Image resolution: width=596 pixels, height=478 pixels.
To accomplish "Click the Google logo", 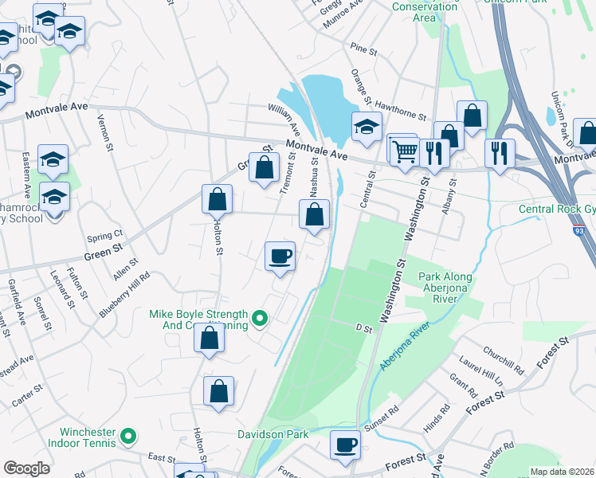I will click(x=26, y=468).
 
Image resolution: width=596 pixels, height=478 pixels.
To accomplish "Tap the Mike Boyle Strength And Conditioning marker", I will click(x=259, y=320).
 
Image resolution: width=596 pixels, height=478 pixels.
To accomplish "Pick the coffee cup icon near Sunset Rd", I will click(x=345, y=445).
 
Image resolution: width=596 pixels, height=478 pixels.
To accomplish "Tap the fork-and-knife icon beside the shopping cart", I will click(x=433, y=152).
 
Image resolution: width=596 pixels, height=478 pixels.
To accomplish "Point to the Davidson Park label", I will click(x=273, y=435).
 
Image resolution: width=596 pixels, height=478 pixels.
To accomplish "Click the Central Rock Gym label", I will click(x=556, y=210).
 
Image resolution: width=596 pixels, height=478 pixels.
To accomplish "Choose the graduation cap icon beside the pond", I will click(x=366, y=127).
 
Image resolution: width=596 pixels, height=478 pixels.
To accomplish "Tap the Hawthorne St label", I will click(x=401, y=115).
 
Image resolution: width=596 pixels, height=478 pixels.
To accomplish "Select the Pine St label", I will click(x=363, y=50).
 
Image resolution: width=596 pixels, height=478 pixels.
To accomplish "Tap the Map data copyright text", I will click(x=562, y=472).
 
